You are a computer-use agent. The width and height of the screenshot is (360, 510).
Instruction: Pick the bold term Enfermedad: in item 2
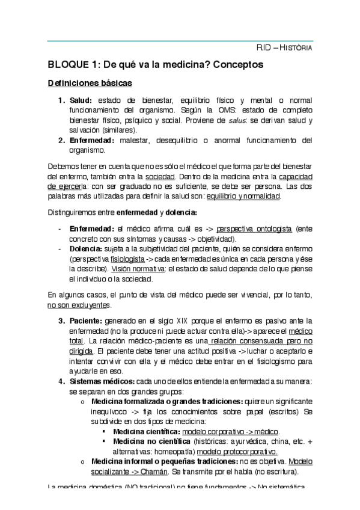(92, 140)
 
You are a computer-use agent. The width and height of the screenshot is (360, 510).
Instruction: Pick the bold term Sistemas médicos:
(102, 381)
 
